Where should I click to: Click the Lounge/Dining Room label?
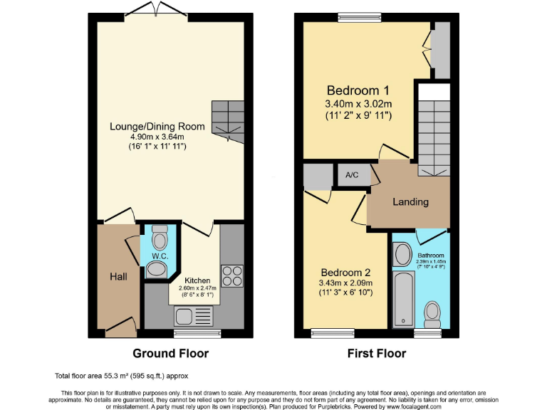pos(157,127)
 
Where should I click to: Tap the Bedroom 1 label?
pos(358,90)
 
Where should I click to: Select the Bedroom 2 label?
pos(345,273)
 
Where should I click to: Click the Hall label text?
pos(118,275)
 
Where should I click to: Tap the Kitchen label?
pos(197,280)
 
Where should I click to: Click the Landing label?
pos(411,201)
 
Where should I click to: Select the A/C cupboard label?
pos(352,175)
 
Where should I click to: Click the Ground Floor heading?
pos(171,353)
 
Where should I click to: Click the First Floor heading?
pos(377,353)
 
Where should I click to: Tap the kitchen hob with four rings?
pos(232,274)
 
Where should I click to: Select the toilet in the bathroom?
pos(432,312)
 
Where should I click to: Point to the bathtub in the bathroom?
pos(403,299)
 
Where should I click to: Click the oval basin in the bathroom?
pos(402,254)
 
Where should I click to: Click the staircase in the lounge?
pos(227,119)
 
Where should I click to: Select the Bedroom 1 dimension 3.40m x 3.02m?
pos(358,103)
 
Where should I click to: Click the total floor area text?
pos(121,375)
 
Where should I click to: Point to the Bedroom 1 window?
pos(359,16)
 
